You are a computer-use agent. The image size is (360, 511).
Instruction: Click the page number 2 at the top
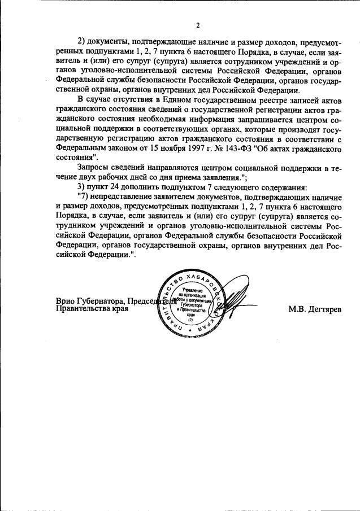tap(198, 25)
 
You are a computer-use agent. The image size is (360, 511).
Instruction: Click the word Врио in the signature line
tap(66, 300)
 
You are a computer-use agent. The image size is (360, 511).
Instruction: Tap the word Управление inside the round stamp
tap(190, 290)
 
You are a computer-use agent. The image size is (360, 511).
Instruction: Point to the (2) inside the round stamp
tap(191, 320)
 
